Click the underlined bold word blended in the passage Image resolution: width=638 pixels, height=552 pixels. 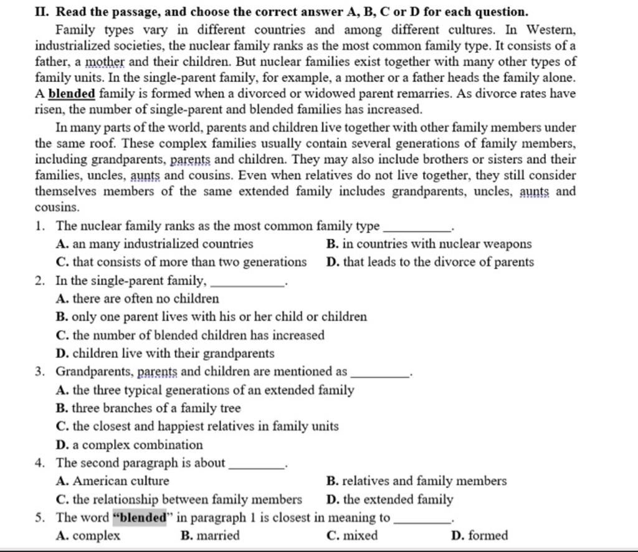point(72,95)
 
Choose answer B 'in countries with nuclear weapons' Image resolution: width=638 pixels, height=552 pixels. point(429,244)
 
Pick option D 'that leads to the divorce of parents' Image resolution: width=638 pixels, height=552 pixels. point(431,262)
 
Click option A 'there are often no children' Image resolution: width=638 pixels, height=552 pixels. point(138,299)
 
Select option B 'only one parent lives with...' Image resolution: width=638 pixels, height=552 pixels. point(211,317)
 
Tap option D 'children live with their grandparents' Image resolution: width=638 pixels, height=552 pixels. point(165,353)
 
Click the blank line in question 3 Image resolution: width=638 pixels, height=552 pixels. point(380,372)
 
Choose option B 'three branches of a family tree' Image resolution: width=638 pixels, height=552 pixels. point(148,408)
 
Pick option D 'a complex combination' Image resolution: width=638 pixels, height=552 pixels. point(130,445)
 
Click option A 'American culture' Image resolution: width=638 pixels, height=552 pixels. point(113,481)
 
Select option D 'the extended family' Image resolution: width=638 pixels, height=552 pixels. point(391,499)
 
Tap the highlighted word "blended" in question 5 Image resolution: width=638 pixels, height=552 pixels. point(141,518)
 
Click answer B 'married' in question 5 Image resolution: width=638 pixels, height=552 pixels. point(209,535)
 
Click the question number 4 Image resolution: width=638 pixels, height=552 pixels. point(39,463)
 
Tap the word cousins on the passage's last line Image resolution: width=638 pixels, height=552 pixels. point(57,207)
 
